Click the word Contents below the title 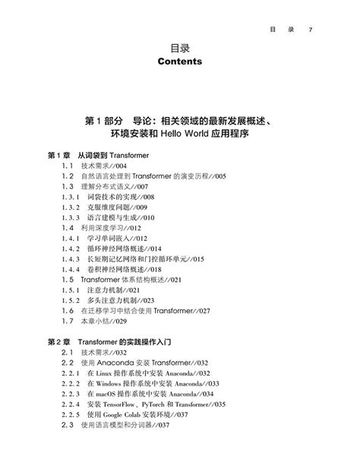(x=179, y=62)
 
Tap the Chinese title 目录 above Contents (x=179, y=46)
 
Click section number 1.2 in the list (x=67, y=176)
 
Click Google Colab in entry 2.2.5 (x=125, y=415)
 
